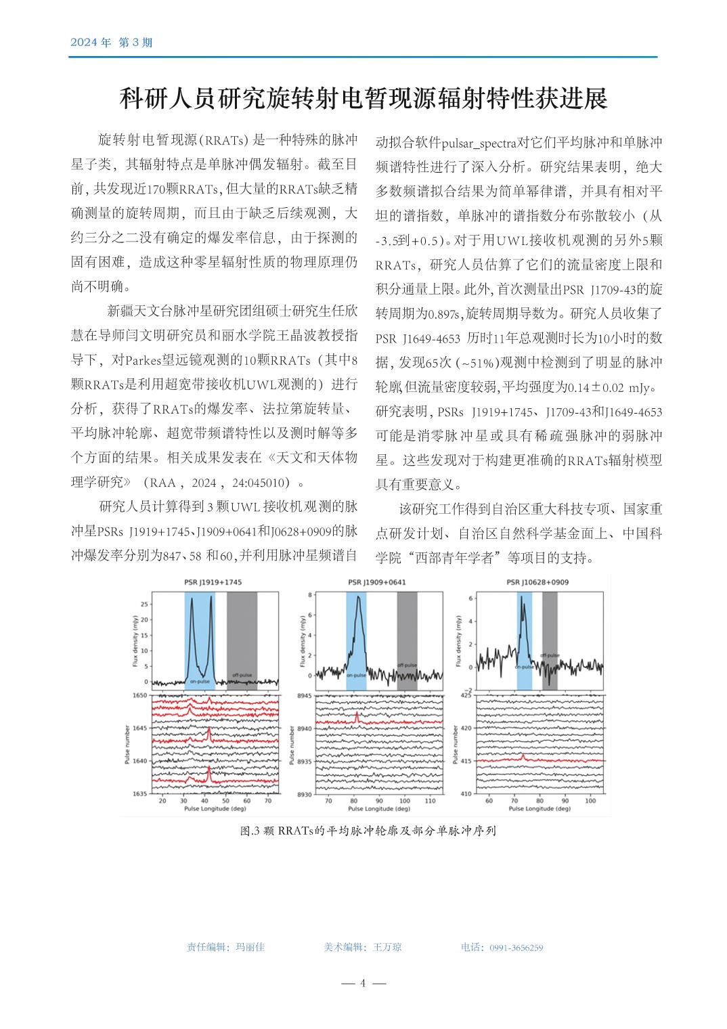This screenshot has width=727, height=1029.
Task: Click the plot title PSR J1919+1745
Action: coord(213,582)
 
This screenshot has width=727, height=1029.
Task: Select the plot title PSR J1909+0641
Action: coord(377,582)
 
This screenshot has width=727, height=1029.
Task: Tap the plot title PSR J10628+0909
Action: coord(537,582)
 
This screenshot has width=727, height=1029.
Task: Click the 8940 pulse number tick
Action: coord(304,728)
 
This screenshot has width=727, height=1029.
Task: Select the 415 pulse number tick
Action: coord(467,761)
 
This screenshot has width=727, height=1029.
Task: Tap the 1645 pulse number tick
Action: coord(139,728)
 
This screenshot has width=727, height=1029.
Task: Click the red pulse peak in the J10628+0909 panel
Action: coord(523,756)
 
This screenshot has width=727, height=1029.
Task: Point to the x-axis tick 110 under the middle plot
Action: coord(429,801)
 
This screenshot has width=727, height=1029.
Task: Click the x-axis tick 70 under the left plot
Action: coord(268,801)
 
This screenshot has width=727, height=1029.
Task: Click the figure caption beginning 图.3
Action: coord(368,831)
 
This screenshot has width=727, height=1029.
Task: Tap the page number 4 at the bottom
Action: coord(363,983)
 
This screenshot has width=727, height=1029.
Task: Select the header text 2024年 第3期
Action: coord(112,43)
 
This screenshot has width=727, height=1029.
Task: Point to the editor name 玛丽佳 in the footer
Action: coord(250,947)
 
